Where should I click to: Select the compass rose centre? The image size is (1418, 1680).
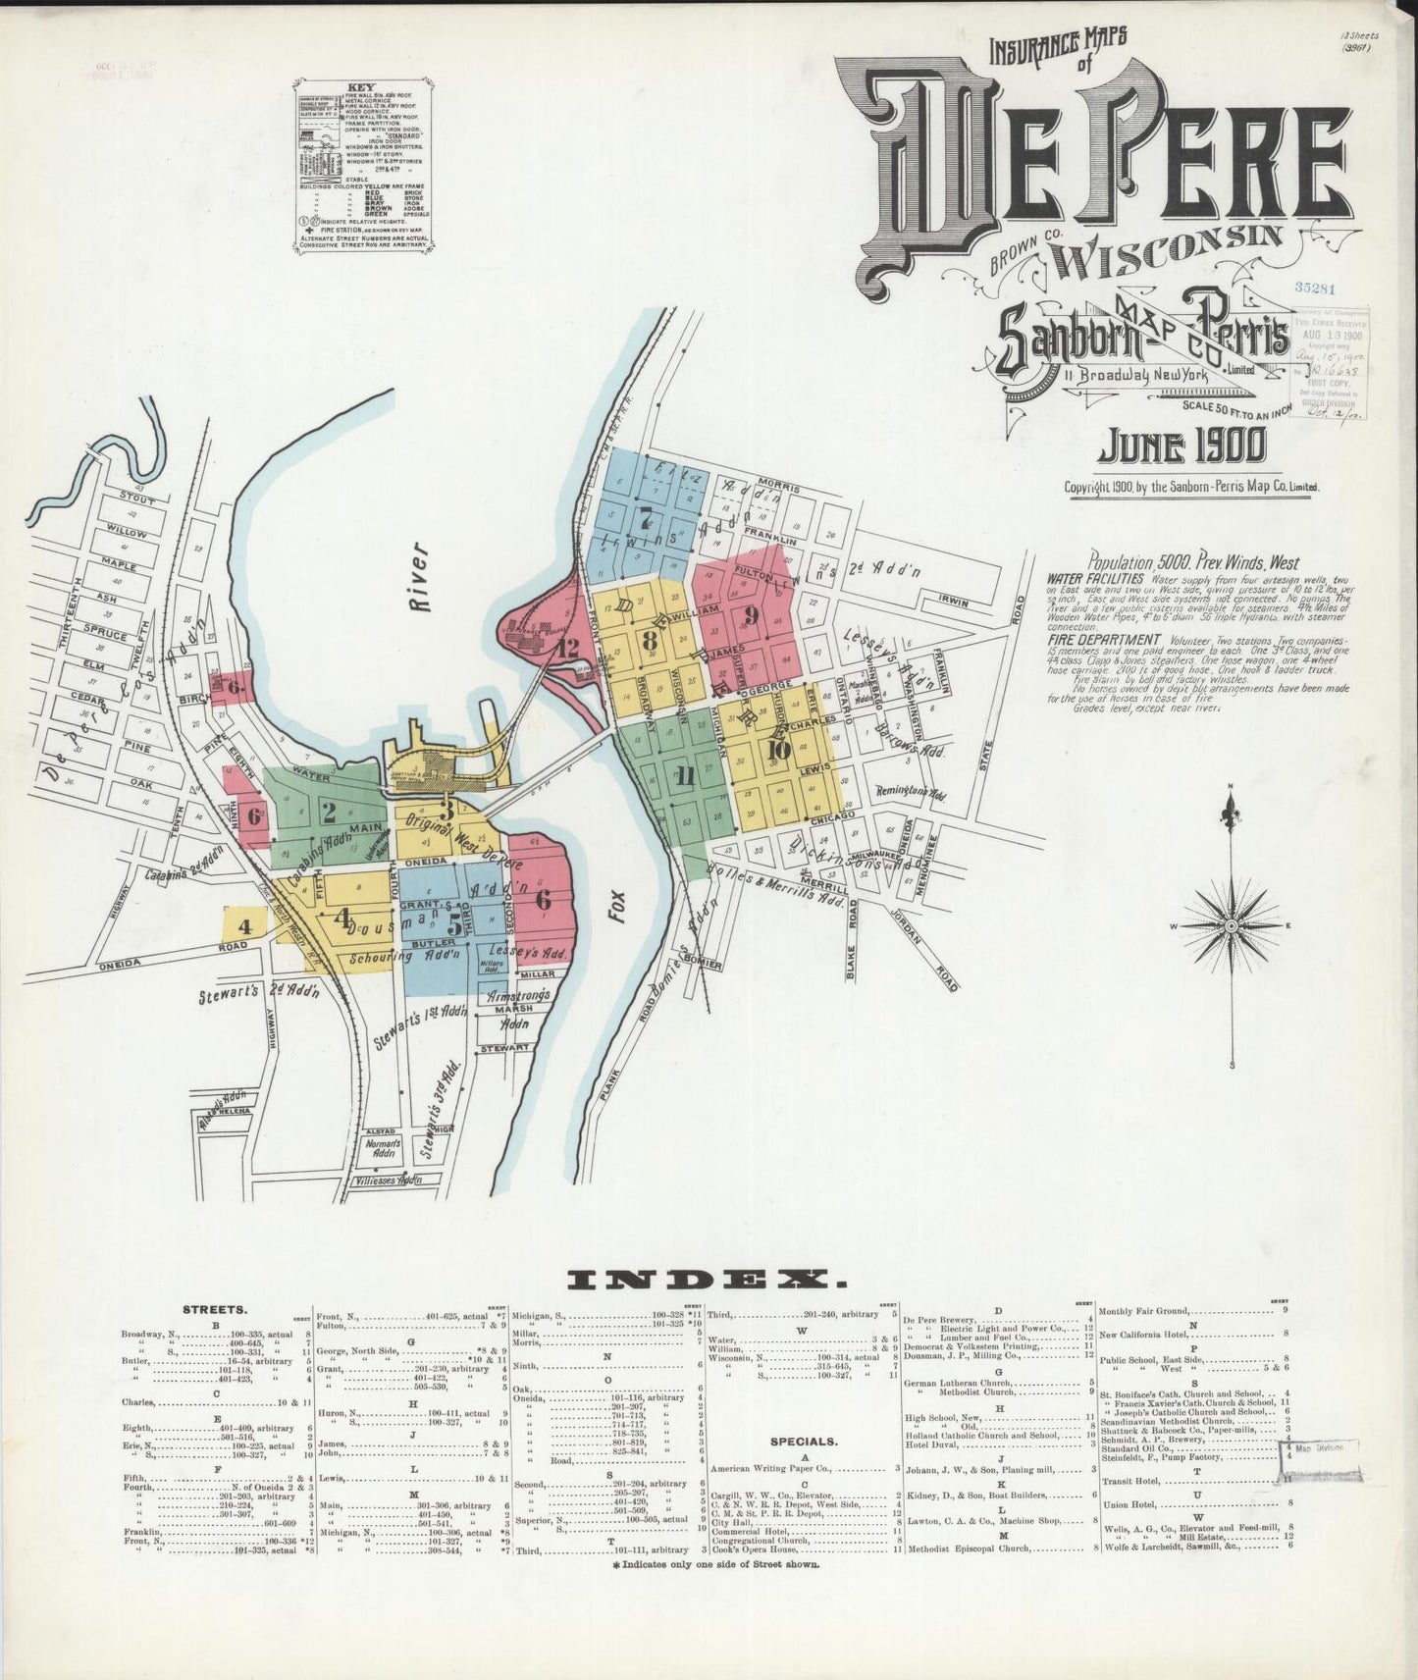pos(1229,925)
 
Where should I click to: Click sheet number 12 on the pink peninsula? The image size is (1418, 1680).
pos(566,648)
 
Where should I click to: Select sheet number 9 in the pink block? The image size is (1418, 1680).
pos(753,615)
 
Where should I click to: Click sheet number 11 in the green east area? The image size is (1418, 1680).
pos(685,776)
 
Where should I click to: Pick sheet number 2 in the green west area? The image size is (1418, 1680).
pos(329,812)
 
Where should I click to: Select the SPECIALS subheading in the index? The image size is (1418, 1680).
pos(803,1442)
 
